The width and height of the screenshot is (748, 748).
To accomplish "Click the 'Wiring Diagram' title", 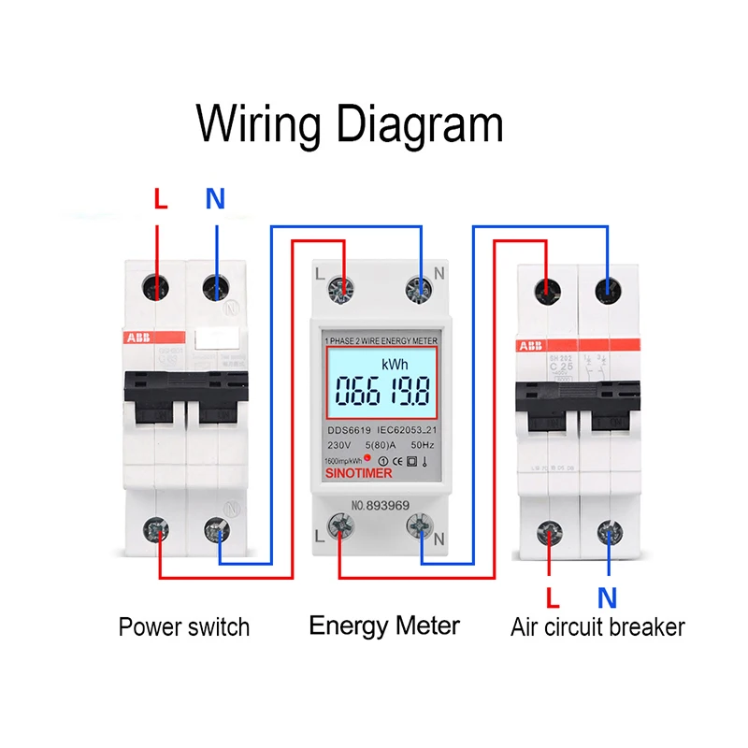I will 351,123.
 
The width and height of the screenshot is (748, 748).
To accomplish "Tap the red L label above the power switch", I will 160,199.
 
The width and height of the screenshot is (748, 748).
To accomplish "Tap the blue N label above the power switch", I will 216,199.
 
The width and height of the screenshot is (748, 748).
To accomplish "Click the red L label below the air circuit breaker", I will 552,597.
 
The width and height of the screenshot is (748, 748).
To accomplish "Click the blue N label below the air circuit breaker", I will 608,597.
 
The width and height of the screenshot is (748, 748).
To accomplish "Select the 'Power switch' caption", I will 184,626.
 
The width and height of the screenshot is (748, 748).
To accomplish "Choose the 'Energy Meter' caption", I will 384,625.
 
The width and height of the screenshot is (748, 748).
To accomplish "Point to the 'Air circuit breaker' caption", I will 597,626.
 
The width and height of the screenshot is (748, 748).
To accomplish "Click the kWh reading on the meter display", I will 381,386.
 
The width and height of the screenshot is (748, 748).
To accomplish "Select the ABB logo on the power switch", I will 140,338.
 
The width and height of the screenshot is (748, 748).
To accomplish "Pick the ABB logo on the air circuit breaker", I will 528,346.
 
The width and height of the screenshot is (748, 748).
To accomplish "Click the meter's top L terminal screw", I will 343,289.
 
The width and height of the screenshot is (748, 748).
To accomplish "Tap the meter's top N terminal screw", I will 419,289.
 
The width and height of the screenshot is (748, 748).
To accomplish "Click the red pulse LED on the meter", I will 367,459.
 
